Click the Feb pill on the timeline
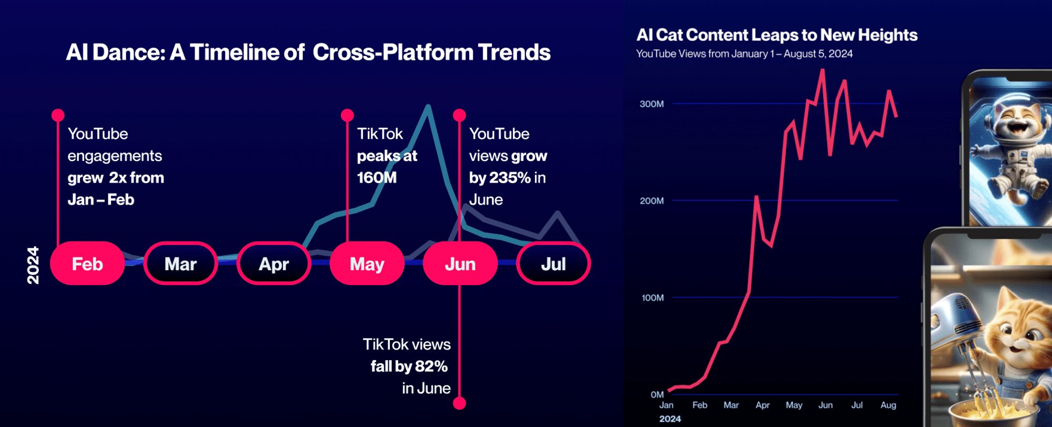[87, 263]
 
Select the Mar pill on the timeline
[180, 263]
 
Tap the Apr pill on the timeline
[274, 263]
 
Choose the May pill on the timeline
[367, 263]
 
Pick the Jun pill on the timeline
[460, 263]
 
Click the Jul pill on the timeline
[553, 263]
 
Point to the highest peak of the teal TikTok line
[428, 107]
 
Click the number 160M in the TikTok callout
[377, 178]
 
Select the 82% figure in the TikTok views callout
[431, 366]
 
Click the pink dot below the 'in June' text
[459, 403]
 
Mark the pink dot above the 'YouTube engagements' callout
[58, 115]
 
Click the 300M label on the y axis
[651, 104]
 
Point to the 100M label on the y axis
[652, 298]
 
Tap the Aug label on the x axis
[888, 405]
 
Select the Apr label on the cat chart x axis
[762, 405]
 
